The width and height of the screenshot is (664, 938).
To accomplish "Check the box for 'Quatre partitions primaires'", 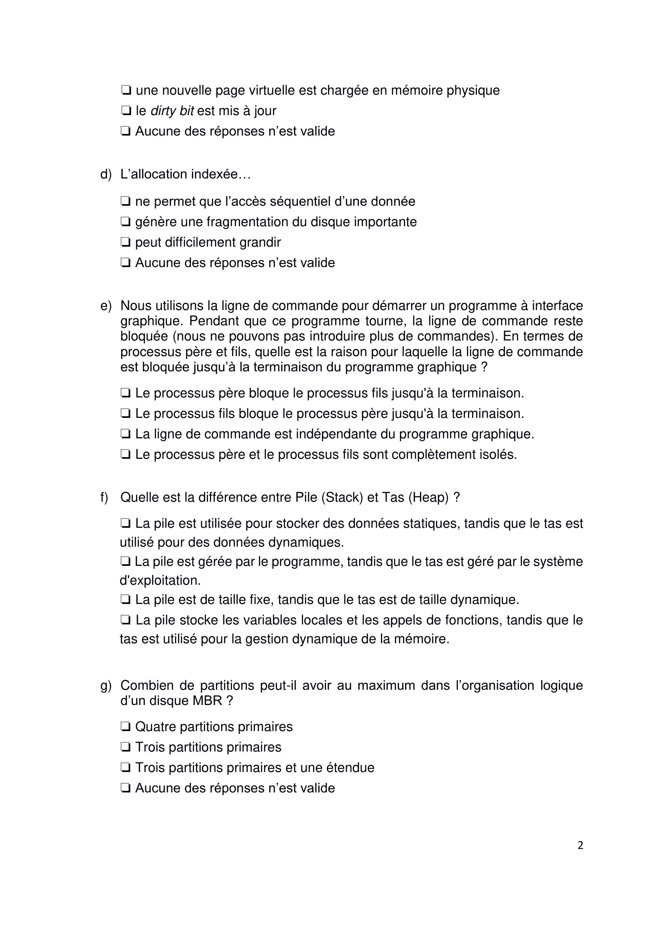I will pos(126,726).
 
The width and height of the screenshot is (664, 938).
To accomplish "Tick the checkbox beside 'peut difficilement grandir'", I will pos(126,242).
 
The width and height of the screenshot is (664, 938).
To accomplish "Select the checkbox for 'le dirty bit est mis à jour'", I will pos(126,111).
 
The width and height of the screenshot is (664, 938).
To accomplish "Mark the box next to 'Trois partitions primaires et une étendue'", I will pos(126,767).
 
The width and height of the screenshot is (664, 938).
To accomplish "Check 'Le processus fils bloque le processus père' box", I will pos(126,413).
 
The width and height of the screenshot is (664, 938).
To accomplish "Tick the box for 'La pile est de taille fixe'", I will pos(126,599).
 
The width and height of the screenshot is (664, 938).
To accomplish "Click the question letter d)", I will pos(106,174).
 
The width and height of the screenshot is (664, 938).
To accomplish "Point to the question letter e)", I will pos(106,306).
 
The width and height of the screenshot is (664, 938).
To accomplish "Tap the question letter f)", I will pos(104,497).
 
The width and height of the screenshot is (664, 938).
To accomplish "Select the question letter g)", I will pos(106,685).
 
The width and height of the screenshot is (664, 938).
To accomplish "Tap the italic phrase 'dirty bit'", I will pos(172,111).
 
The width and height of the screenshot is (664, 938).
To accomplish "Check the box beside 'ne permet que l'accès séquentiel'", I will pos(126,201).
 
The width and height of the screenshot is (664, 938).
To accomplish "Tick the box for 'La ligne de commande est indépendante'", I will pos(126,434).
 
